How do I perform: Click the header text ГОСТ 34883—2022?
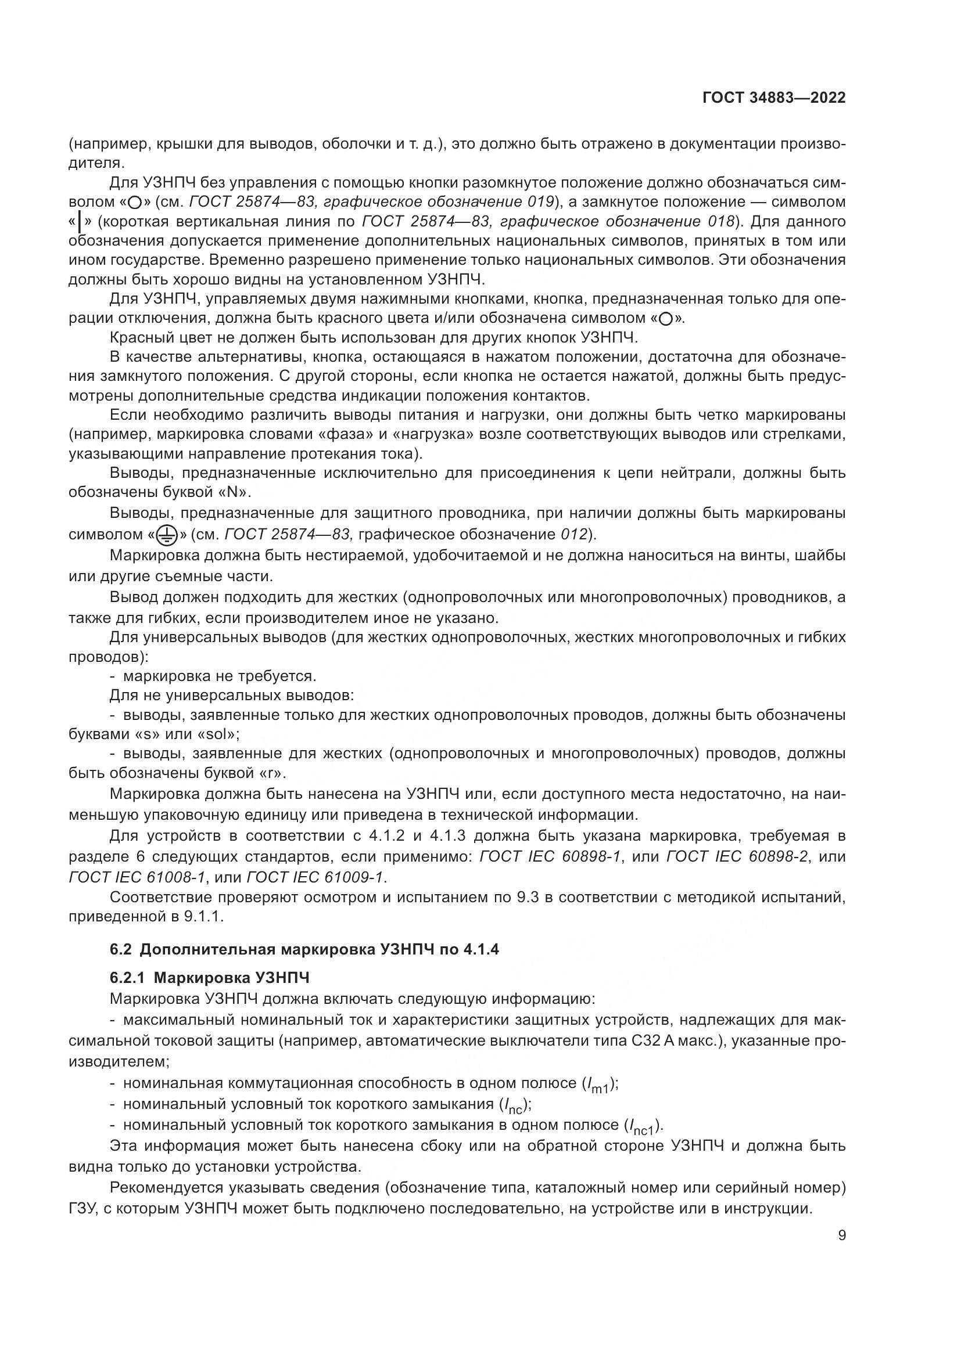pos(773,98)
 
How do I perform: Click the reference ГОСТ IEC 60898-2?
pos(737,856)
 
